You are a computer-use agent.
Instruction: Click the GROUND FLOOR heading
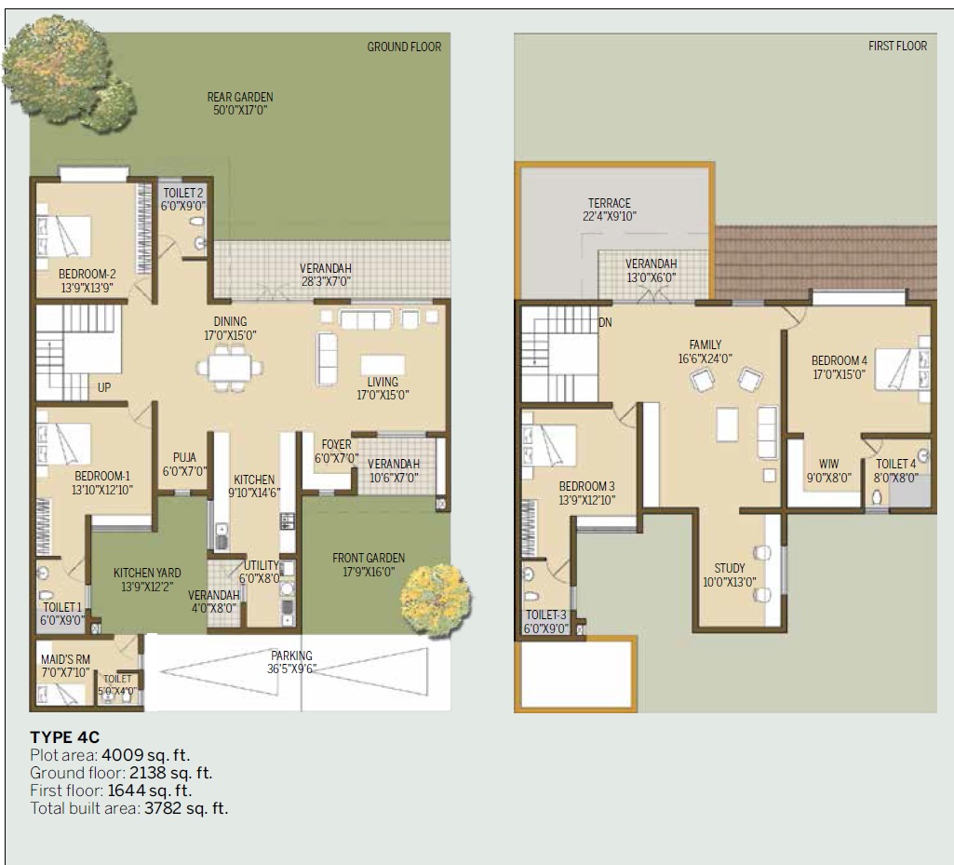tap(404, 47)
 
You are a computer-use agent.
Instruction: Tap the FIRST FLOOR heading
tap(897, 46)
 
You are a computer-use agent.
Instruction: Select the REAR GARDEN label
tap(240, 97)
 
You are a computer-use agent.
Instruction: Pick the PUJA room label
tap(184, 457)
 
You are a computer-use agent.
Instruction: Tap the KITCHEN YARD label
tap(147, 573)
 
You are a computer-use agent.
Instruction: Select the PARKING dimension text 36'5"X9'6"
tap(291, 668)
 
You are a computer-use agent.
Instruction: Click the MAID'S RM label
tap(65, 659)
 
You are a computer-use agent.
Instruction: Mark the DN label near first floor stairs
tap(605, 323)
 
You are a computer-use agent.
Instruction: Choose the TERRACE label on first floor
tap(609, 203)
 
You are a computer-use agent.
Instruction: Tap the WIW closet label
tap(828, 464)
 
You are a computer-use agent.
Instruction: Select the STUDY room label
tap(730, 568)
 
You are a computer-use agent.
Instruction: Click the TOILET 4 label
tap(895, 464)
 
